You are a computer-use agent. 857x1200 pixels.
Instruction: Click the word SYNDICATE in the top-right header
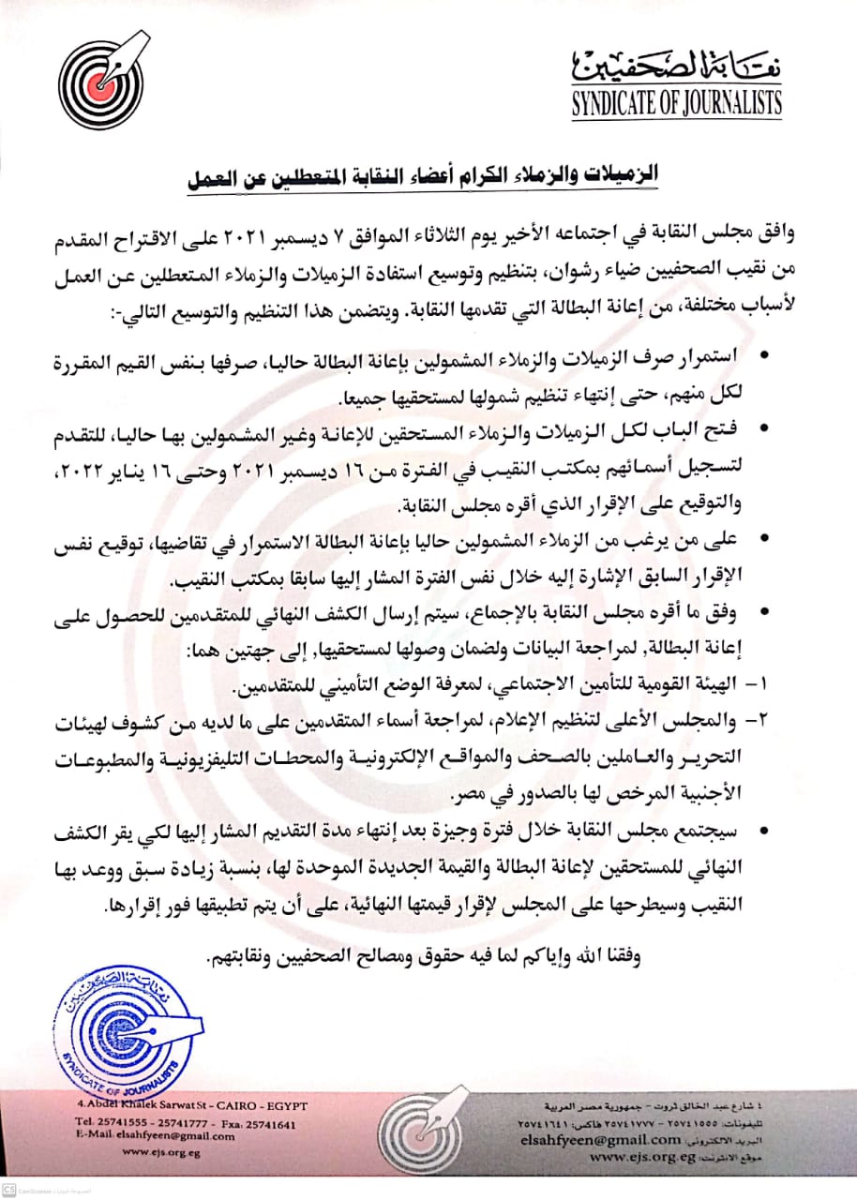click(x=621, y=104)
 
